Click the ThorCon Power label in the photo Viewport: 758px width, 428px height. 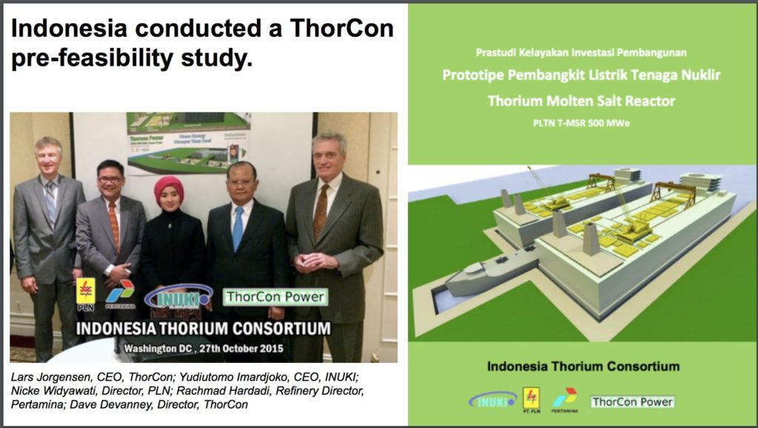[275, 297]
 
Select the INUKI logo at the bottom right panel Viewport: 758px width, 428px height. [492, 400]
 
